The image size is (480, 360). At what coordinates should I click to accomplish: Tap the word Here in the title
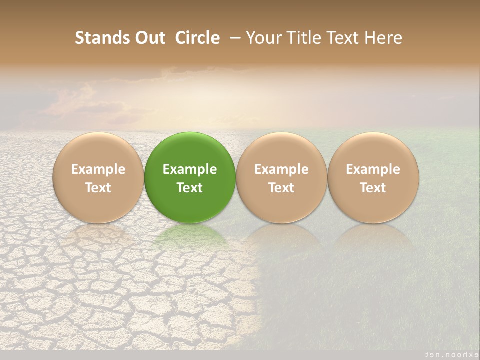click(x=383, y=38)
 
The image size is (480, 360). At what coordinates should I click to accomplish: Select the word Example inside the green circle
click(x=190, y=169)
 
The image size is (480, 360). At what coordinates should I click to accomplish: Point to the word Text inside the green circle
click(x=190, y=188)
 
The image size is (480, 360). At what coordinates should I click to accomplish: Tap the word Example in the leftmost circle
click(x=98, y=169)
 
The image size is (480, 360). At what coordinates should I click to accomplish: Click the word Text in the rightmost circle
click(x=373, y=188)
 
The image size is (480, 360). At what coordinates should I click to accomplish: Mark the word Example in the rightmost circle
click(x=373, y=169)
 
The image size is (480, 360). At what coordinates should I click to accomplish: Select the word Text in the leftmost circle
click(x=98, y=188)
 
